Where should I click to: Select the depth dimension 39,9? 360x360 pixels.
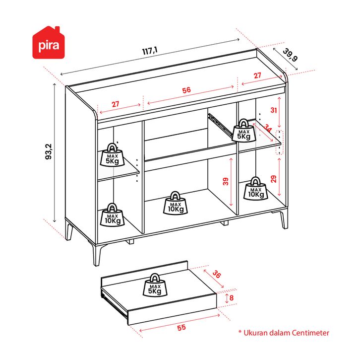click(x=290, y=55)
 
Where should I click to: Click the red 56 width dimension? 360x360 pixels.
click(x=186, y=90)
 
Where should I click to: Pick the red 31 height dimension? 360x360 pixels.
click(x=273, y=110)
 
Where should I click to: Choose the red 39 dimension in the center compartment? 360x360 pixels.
click(x=226, y=182)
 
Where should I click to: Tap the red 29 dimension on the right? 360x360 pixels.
click(x=273, y=178)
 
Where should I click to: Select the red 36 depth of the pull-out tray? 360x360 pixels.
click(x=217, y=274)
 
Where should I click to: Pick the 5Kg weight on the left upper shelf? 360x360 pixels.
click(x=112, y=155)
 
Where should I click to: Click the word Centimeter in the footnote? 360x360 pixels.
click(x=306, y=333)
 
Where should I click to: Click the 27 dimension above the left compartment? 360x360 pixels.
click(x=115, y=104)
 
